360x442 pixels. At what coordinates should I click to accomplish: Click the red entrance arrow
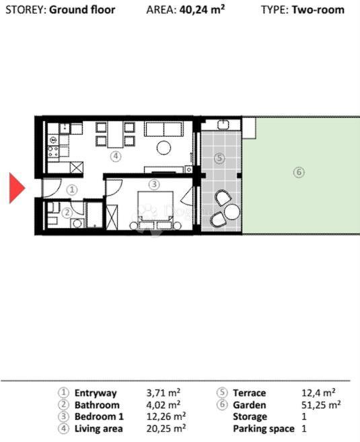(x=16, y=188)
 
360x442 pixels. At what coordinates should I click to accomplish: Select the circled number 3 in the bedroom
(x=153, y=184)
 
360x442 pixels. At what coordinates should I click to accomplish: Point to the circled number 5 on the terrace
(x=218, y=159)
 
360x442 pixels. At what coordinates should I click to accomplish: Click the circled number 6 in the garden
(x=299, y=172)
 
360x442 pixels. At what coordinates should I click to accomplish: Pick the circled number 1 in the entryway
(x=73, y=190)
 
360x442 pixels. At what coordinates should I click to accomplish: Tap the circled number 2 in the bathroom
(x=67, y=213)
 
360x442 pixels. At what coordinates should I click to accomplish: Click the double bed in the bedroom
(x=156, y=210)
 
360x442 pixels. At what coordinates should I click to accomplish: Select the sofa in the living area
(x=164, y=128)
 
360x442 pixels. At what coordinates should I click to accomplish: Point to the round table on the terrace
(x=232, y=212)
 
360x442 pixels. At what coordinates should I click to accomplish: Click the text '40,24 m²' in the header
(x=202, y=10)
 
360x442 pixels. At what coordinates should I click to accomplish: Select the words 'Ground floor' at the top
(x=82, y=10)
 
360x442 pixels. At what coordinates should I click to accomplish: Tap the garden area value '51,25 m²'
(x=321, y=405)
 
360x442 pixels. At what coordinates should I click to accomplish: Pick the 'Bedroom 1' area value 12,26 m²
(x=166, y=416)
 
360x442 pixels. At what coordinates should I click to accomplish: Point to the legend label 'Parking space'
(x=263, y=429)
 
